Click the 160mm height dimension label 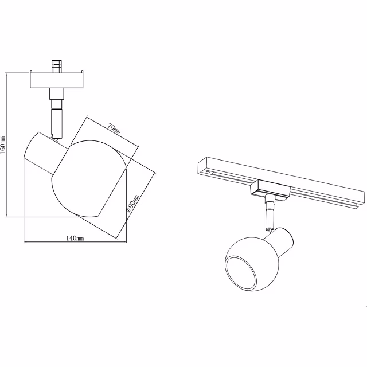pos(3,145)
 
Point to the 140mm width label pos(75,237)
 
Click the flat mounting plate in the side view pos(57,80)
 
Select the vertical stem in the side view pos(56,118)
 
